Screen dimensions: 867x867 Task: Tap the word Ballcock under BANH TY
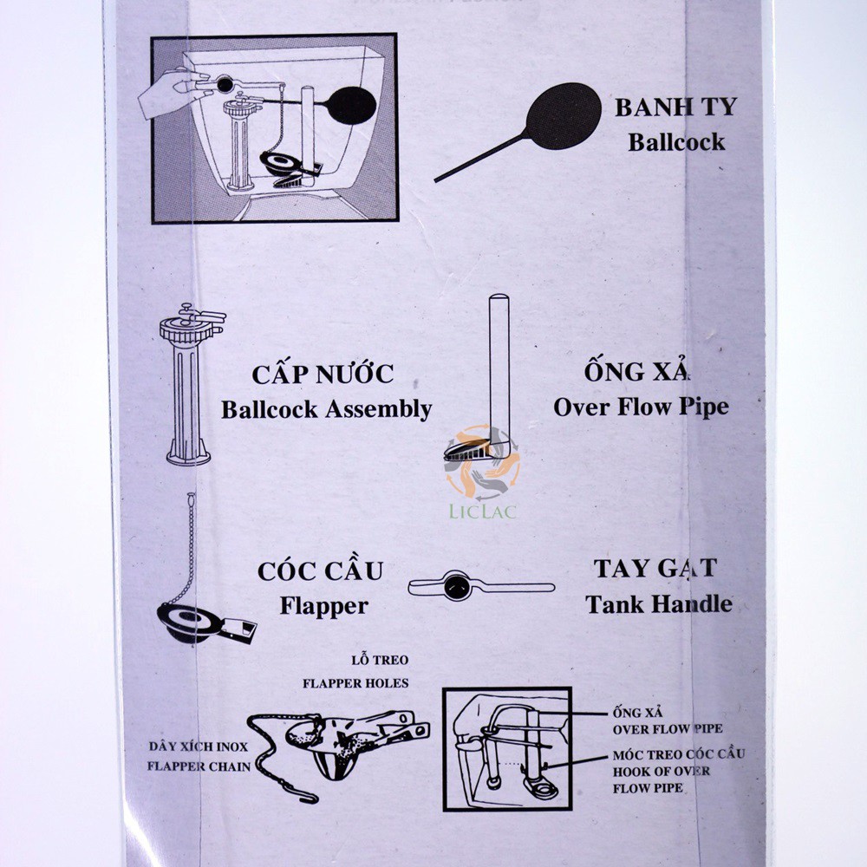(x=676, y=141)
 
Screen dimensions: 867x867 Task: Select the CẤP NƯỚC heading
(x=323, y=375)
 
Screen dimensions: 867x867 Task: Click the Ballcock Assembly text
(x=326, y=408)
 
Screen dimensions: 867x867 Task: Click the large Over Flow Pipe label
(x=641, y=406)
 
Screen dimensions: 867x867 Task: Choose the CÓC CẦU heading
(x=320, y=572)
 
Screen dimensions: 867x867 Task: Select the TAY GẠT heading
(x=655, y=569)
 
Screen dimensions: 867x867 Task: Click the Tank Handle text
(x=658, y=603)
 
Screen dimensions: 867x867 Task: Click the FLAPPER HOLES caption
(x=355, y=682)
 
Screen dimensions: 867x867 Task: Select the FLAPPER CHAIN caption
(x=199, y=766)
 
